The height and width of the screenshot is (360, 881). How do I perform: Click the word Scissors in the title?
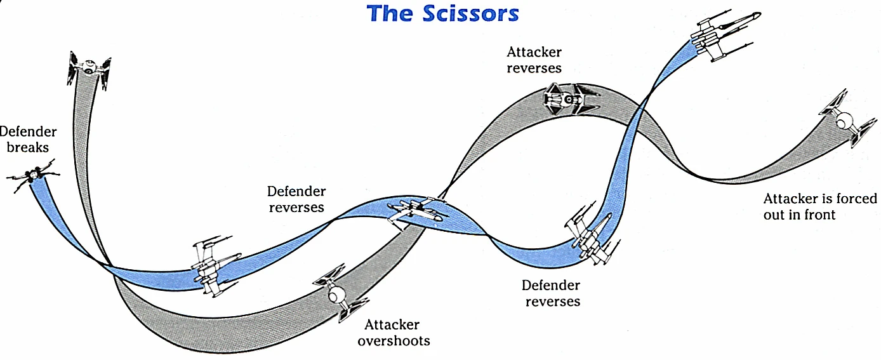(470, 13)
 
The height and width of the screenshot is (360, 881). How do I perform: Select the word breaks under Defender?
(28, 147)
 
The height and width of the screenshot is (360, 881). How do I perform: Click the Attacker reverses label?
(534, 60)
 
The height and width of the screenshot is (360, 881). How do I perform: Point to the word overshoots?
(394, 340)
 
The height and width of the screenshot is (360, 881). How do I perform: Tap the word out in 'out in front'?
(774, 215)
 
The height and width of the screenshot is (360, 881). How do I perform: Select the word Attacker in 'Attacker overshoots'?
(392, 324)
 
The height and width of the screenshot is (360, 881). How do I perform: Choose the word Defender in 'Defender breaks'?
(28, 132)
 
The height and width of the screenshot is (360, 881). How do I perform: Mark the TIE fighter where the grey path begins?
(89, 67)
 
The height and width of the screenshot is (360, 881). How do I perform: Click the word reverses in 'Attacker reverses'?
(534, 68)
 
